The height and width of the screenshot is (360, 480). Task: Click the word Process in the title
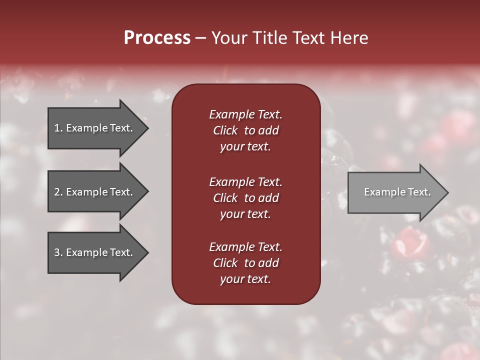pos(157,38)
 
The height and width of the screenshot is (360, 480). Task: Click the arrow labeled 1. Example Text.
pos(95,128)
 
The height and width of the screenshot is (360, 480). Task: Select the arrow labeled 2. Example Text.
pos(95,192)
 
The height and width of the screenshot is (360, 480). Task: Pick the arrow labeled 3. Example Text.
pos(95,252)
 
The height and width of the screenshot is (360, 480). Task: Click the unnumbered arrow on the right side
pos(395,192)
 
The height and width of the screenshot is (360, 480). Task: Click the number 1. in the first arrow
pos(58,128)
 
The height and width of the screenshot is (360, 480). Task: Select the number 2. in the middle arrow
pos(58,192)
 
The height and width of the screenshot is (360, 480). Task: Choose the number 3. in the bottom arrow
pos(58,252)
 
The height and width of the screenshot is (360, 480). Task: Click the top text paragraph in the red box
pos(245,130)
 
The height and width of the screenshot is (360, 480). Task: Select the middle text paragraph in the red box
pos(245,198)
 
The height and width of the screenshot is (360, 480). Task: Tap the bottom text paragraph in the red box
pos(245,263)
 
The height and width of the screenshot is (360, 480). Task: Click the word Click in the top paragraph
pos(225,130)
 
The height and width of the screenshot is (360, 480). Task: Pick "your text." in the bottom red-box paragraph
pos(245,279)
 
